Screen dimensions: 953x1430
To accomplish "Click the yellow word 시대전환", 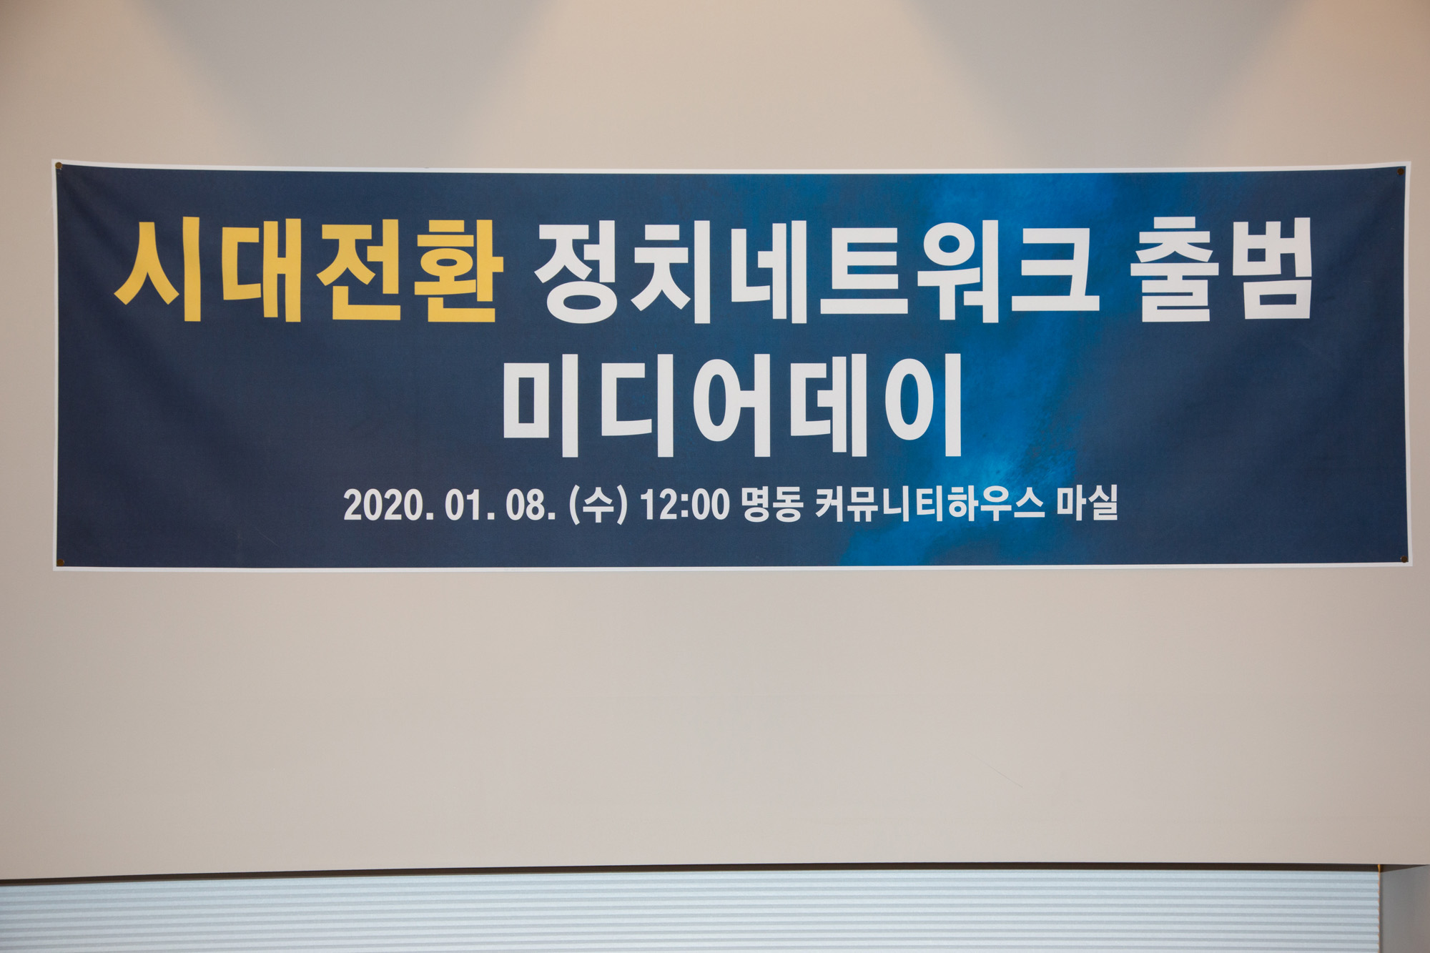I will point(309,272).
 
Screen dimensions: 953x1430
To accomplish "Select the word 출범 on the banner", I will point(1221,270).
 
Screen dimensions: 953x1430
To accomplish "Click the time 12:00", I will point(685,505).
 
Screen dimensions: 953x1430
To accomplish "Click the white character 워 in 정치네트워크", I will point(960,272).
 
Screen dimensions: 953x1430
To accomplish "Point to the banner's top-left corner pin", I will point(59,167).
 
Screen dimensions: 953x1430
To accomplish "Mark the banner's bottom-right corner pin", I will point(1403,559).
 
